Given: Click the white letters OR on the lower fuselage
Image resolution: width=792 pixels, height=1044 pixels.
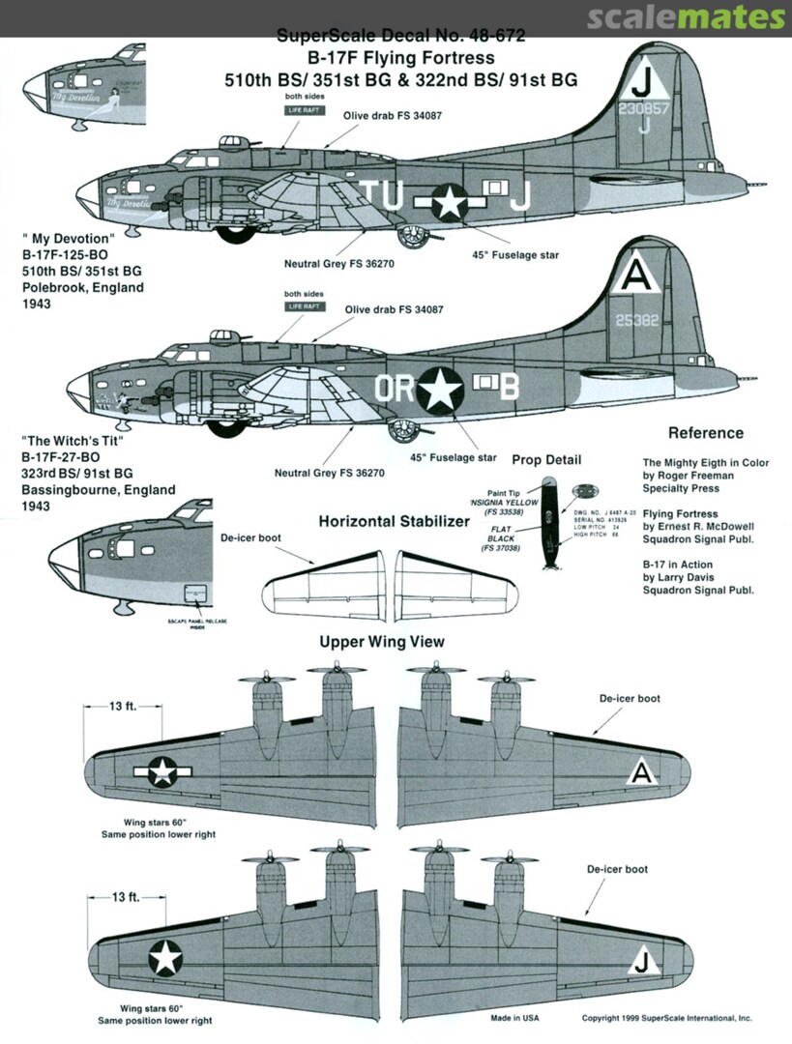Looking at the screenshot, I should click(395, 388).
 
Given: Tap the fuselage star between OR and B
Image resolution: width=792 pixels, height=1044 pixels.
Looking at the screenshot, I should click(441, 389).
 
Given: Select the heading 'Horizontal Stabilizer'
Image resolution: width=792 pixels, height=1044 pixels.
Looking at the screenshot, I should click(394, 522).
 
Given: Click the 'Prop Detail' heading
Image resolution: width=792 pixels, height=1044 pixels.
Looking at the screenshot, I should click(546, 459).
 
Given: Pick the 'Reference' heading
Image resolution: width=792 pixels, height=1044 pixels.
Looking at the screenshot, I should click(705, 433).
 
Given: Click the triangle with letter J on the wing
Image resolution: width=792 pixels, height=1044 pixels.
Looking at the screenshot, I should click(638, 960).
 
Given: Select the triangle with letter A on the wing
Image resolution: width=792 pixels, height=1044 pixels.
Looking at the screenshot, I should click(639, 772).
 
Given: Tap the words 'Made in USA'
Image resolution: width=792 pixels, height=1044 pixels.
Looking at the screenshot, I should click(515, 1018).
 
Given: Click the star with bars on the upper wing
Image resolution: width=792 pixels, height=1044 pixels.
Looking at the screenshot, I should click(163, 770).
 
